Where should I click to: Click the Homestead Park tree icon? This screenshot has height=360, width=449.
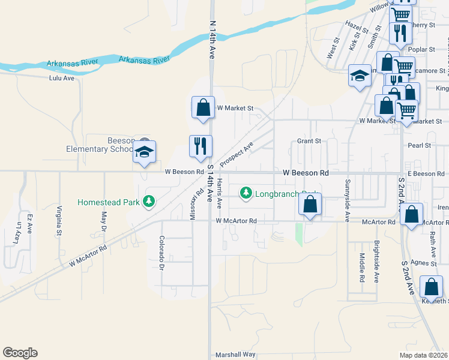pos(149,202)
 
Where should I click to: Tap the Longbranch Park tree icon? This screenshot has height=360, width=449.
pos(246,193)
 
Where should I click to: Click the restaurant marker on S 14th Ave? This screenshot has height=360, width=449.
pos(200,146)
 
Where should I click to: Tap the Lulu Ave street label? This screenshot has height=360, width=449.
pos(62,78)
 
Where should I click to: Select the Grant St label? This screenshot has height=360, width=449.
pos(309,141)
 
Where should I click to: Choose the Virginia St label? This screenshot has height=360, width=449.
pos(59,220)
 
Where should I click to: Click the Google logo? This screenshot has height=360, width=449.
pos(20,353)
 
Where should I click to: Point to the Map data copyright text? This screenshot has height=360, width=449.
pos(423,355)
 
